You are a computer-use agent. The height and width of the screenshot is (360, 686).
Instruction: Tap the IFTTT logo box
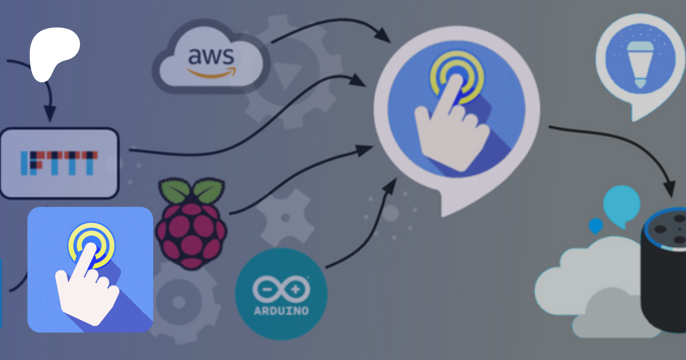tap(59, 163)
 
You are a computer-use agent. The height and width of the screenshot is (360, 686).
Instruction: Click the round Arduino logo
tap(281, 294)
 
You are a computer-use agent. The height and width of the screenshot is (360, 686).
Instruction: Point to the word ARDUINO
tap(281, 311)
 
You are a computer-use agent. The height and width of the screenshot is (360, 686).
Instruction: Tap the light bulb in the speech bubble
tap(640, 65)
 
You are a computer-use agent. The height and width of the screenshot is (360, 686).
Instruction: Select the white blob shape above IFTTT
tap(54, 53)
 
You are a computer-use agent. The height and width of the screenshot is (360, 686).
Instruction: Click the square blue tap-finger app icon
tap(90, 270)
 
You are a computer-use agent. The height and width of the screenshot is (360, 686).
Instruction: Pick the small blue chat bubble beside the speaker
tap(596, 225)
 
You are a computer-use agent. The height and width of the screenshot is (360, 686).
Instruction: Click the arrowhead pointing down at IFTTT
tap(50, 114)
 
